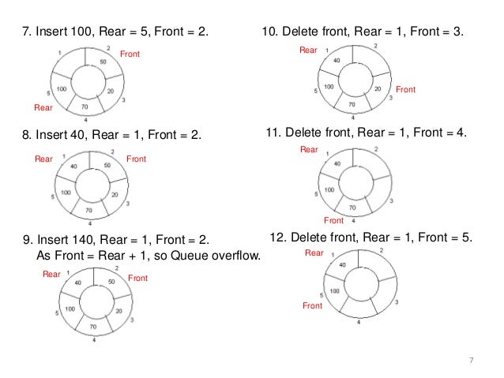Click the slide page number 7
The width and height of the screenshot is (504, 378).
click(471, 361)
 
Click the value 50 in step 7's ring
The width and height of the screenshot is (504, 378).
click(103, 62)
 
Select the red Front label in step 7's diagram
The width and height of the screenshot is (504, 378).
click(130, 53)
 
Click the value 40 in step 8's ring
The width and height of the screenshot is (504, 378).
click(73, 167)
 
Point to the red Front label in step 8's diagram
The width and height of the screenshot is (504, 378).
click(137, 159)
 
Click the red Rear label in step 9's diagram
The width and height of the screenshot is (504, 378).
click(51, 274)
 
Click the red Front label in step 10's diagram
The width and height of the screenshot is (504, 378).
click(405, 91)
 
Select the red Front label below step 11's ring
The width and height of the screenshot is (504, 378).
click(333, 220)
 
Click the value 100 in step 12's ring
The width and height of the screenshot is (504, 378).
click(335, 290)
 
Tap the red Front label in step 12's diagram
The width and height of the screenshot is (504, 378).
click(313, 305)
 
